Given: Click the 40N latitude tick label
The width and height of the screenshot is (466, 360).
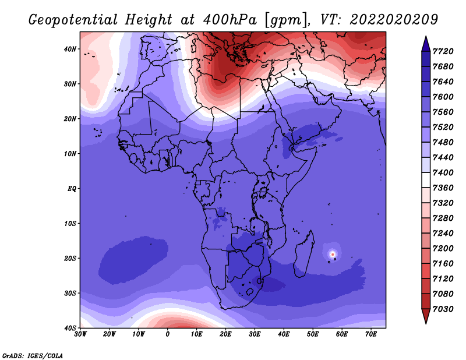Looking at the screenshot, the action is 70,49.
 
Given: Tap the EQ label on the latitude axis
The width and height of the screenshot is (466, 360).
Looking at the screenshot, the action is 72,189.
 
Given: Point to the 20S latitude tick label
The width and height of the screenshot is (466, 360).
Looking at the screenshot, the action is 70,258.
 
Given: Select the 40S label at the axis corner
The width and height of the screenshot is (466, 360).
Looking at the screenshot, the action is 70,327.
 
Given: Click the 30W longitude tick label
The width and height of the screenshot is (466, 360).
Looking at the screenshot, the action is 80,334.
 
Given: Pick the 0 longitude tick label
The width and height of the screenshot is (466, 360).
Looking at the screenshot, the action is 168,334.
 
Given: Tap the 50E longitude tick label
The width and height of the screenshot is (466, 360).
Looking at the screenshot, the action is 313,334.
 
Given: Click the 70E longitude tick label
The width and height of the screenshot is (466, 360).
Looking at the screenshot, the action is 371,334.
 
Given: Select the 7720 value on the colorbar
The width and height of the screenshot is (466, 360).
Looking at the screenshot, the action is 443,51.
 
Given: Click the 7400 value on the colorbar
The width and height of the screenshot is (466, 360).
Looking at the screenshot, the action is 443,172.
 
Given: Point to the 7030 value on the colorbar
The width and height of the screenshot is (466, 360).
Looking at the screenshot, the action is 443,309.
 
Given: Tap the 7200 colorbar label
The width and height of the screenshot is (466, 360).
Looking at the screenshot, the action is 443,248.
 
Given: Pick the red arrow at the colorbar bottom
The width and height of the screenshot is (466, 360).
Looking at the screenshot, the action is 426,315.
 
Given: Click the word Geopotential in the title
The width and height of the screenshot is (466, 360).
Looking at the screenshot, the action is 73,20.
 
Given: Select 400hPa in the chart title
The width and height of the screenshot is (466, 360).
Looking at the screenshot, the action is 230,20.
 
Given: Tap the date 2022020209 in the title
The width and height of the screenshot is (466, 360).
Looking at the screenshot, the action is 394,20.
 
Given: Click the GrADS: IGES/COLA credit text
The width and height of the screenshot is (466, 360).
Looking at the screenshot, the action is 33,355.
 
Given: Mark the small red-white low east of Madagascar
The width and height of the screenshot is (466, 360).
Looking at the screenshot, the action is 333,254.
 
